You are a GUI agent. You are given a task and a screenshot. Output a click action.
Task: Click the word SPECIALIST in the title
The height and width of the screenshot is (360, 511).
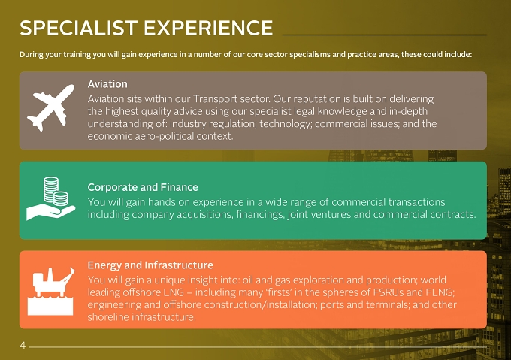[79, 28]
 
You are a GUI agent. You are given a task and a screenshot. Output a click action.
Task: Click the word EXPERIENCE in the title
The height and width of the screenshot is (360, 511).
[208, 28]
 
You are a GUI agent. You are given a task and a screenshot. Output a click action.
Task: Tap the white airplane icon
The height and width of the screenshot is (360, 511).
[50, 107]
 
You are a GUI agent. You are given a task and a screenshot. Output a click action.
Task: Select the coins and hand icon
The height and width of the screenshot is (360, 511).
[51, 198]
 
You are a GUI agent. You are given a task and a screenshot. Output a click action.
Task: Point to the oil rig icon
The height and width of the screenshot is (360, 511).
[51, 292]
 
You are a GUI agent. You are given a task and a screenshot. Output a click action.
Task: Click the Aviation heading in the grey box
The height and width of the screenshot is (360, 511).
[107, 84]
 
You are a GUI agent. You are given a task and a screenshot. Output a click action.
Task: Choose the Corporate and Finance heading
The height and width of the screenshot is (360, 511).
[143, 187]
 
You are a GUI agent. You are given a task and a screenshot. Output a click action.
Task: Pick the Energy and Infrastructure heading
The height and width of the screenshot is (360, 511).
[150, 265]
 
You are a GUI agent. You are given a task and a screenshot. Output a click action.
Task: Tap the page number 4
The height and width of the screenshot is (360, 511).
[23, 345]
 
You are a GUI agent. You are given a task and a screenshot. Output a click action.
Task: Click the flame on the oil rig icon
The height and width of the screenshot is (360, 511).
[72, 270]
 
